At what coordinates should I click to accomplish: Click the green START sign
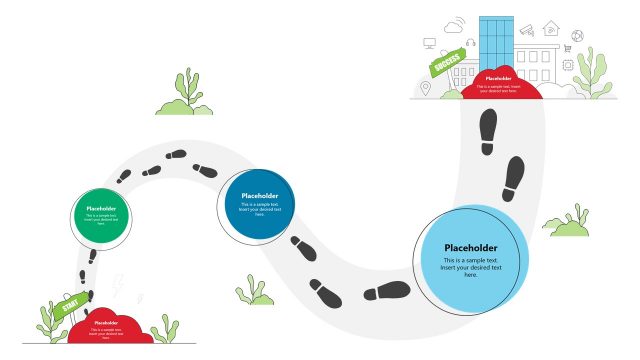71,307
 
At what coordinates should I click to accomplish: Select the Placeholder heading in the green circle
101,208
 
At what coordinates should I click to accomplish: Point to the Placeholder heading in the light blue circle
470,248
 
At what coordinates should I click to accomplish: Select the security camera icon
526,30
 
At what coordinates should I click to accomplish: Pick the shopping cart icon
567,48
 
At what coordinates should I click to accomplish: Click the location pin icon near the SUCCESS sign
425,89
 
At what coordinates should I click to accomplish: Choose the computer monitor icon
429,44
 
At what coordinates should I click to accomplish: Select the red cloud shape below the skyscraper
497,84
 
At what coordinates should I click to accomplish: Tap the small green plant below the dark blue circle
256,291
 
